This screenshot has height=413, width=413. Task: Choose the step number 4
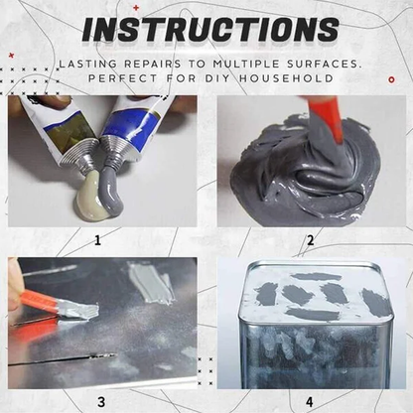310,401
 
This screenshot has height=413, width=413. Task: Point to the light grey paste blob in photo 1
91,199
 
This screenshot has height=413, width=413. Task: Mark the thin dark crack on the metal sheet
60,358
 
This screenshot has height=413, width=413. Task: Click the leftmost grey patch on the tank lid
266,294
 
